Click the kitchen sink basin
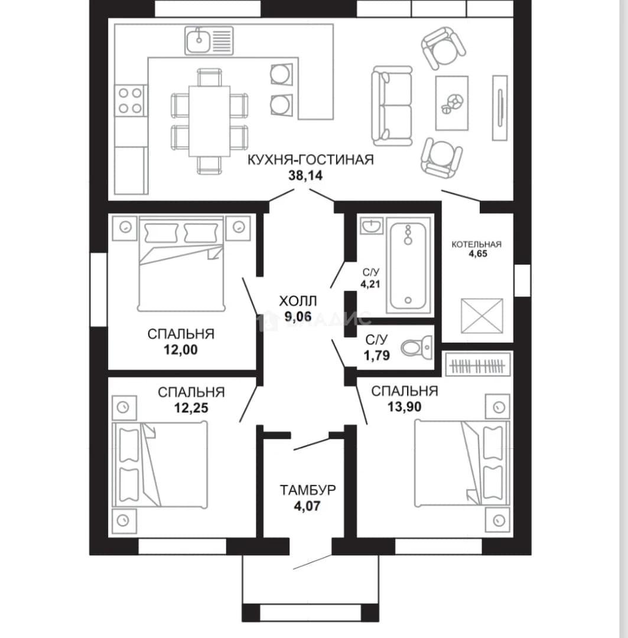click(199, 40)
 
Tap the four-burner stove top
click(130, 100)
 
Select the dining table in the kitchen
click(209, 121)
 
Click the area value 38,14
click(305, 175)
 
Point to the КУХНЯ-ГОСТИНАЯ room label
click(311, 159)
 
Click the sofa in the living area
click(392, 106)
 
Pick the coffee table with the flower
click(452, 103)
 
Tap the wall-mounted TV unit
click(500, 108)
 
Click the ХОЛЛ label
click(298, 301)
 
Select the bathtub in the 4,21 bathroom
click(408, 265)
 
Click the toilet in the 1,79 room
click(417, 348)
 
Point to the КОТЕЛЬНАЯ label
click(477, 245)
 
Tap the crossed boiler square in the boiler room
click(482, 316)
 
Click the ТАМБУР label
click(308, 490)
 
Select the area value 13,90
click(404, 406)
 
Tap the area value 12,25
click(191, 408)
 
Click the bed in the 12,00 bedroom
click(181, 263)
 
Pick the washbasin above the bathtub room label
click(372, 225)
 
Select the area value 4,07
click(307, 506)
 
